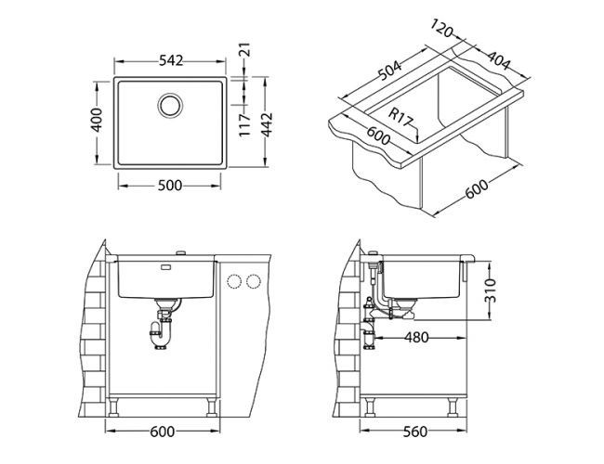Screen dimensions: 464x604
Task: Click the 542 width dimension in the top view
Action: coord(168,60)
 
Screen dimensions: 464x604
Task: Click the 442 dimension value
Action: coord(267,121)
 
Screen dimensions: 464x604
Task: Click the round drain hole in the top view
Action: coord(169,104)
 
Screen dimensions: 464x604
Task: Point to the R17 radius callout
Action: coord(401,118)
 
